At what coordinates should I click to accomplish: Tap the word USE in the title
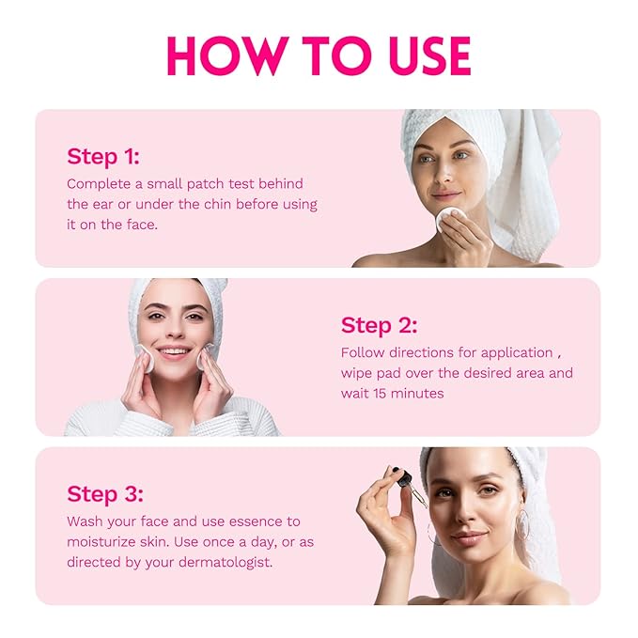click(430, 55)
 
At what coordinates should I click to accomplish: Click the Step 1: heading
click(103, 157)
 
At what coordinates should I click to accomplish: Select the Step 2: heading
click(380, 326)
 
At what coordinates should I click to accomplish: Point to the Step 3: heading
click(105, 494)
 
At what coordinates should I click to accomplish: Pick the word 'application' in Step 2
click(517, 353)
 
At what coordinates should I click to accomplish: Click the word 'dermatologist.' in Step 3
click(226, 562)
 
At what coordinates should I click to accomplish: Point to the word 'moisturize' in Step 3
click(101, 542)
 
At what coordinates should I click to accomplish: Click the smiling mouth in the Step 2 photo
click(174, 351)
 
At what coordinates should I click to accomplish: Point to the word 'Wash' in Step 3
click(86, 521)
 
